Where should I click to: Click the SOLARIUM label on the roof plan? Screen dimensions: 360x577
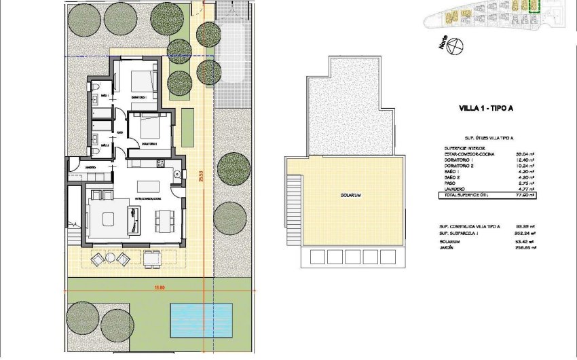tap(350, 196)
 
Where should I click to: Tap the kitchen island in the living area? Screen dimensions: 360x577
tap(149, 185)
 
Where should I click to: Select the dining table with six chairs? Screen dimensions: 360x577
tap(164, 219)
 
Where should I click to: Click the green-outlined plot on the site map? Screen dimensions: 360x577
tap(534, 6)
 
